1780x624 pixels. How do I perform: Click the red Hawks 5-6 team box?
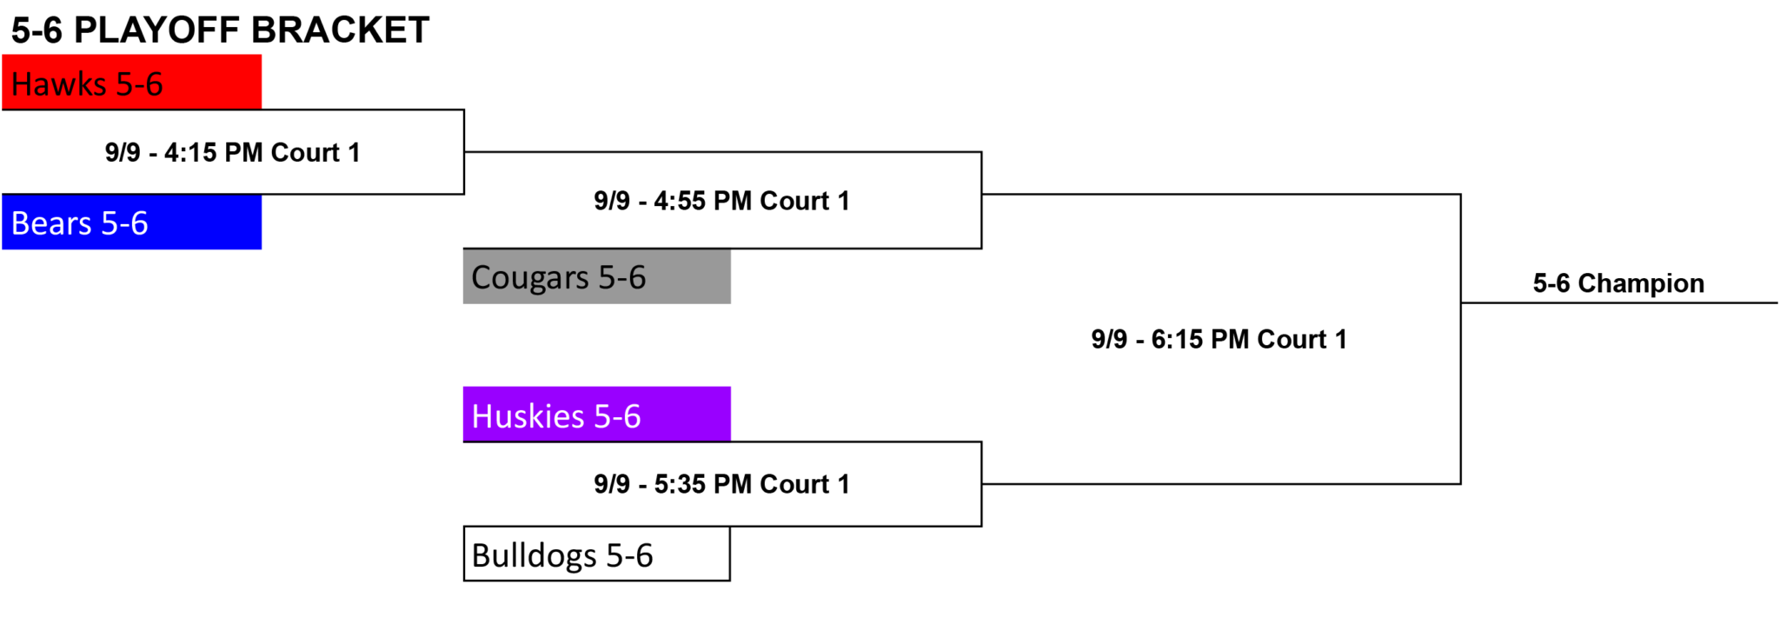[131, 82]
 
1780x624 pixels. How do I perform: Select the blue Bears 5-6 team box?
[131, 222]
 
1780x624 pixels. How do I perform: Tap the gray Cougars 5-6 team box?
[596, 276]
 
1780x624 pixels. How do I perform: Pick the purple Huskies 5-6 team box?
[596, 414]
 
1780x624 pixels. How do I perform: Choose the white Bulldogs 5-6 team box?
[596, 554]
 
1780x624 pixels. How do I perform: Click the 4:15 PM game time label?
[232, 153]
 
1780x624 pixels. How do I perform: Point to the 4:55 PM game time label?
[721, 201]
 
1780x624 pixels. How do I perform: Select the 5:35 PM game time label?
[721, 484]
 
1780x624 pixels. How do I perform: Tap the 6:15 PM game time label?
[1219, 339]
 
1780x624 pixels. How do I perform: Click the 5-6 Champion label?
[1618, 283]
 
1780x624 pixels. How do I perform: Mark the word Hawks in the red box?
[59, 84]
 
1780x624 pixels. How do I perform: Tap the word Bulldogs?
[534, 555]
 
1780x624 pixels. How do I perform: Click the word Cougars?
[530, 278]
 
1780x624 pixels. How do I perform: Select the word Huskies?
[528, 416]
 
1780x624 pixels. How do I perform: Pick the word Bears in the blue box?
[51, 223]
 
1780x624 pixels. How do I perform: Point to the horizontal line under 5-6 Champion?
[1619, 302]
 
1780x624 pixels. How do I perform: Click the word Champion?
[1641, 284]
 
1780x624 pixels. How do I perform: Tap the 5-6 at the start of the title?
[37, 30]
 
